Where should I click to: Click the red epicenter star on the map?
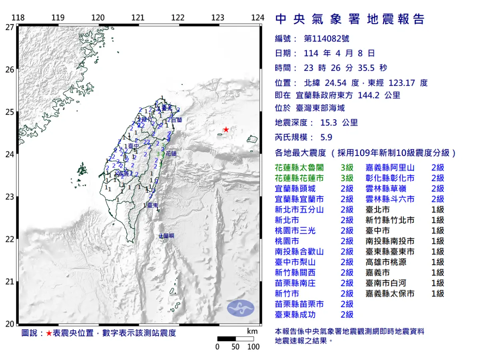click(226, 129)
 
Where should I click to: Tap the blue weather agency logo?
click(241, 308)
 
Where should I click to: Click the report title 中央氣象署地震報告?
click(350, 19)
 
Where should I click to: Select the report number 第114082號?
click(326, 39)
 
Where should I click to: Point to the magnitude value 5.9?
click(326, 137)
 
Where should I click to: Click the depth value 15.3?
click(329, 123)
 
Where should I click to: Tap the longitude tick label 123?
click(218, 18)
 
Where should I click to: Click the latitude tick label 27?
click(10, 27)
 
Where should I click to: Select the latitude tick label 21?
click(10, 282)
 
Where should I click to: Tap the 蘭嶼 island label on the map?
click(168, 236)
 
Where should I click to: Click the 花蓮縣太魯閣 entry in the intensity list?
click(299, 168)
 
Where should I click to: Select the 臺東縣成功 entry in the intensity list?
click(295, 315)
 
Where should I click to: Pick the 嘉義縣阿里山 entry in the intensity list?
click(390, 168)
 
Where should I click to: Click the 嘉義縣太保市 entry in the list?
click(390, 294)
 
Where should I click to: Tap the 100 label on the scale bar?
click(253, 347)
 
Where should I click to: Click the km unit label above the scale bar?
click(252, 331)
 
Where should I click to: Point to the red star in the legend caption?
click(49, 333)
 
